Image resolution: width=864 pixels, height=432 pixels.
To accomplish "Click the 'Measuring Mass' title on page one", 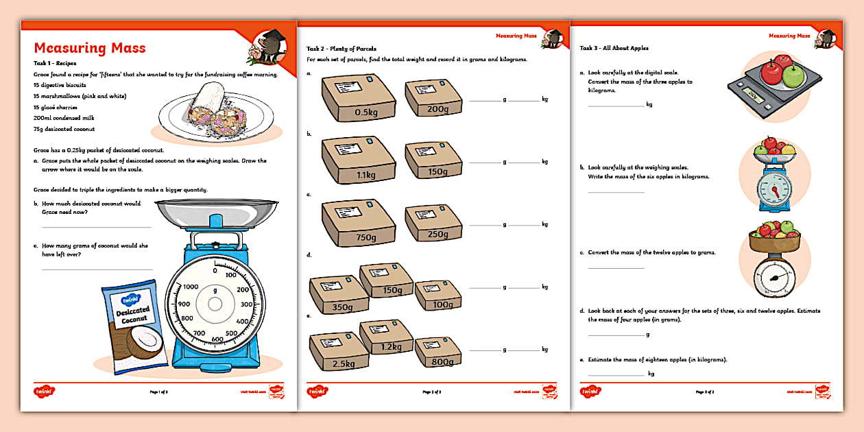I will tap(90, 49).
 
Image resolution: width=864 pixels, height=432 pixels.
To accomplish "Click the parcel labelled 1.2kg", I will tap(386, 337).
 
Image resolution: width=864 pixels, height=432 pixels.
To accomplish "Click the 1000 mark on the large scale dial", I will tap(191, 287).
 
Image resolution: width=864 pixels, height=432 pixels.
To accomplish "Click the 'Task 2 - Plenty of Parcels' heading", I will tap(341, 49).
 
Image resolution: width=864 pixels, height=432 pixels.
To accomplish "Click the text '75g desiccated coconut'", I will tap(64, 129).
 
